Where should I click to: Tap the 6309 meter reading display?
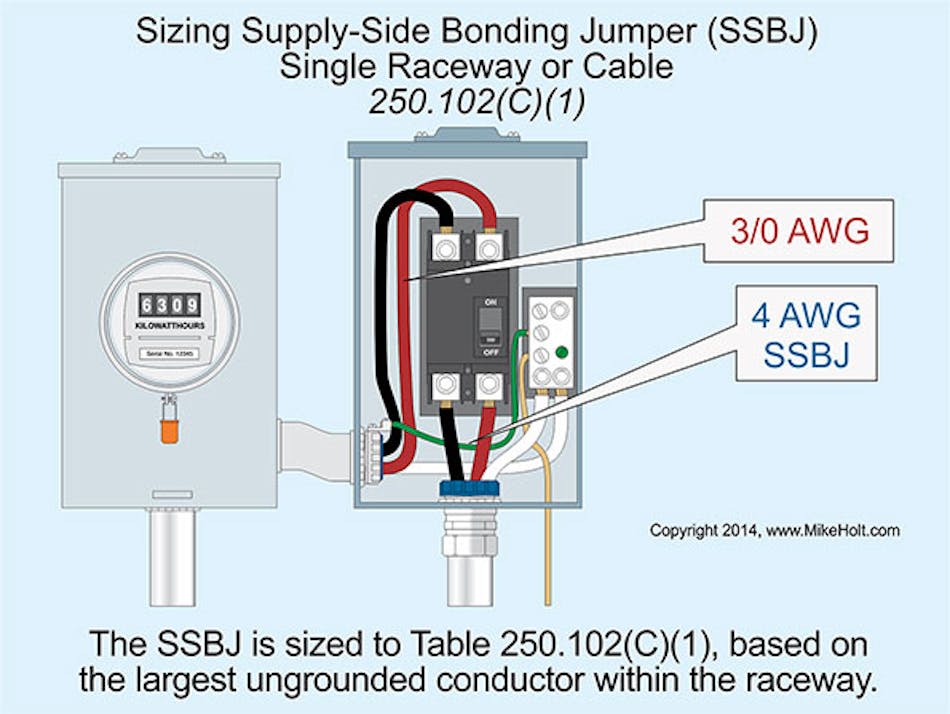point(169,306)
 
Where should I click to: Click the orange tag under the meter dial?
point(170,429)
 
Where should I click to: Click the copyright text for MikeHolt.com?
point(775,530)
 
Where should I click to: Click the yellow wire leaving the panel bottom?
point(546,540)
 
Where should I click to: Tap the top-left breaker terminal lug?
point(443,244)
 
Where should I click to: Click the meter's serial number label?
point(169,352)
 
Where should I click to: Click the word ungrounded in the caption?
point(385,682)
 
